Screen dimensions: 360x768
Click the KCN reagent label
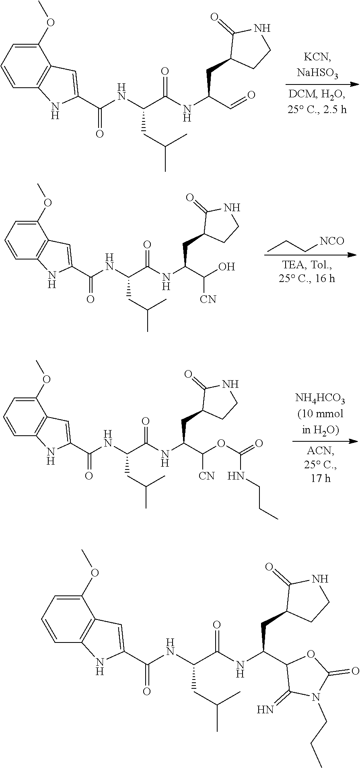pyautogui.click(x=317, y=57)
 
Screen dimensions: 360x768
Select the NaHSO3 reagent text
pyautogui.click(x=317, y=74)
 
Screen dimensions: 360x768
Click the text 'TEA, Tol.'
pyautogui.click(x=307, y=266)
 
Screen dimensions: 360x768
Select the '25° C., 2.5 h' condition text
pyautogui.click(x=317, y=109)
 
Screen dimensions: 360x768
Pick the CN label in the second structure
pyautogui.click(x=208, y=299)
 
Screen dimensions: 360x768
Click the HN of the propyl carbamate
pyautogui.click(x=236, y=477)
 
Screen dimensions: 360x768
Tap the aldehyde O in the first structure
pyautogui.click(x=251, y=95)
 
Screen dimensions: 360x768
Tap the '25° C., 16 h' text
pyautogui.click(x=307, y=278)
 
